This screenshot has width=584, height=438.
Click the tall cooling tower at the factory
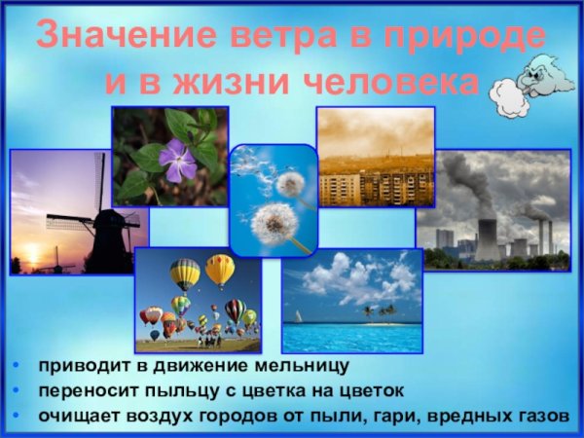pos(486,239)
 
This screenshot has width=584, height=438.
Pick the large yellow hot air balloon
pos(220,270)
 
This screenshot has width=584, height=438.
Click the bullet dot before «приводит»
pos(18,368)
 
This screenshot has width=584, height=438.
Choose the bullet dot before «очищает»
pos(18,417)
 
